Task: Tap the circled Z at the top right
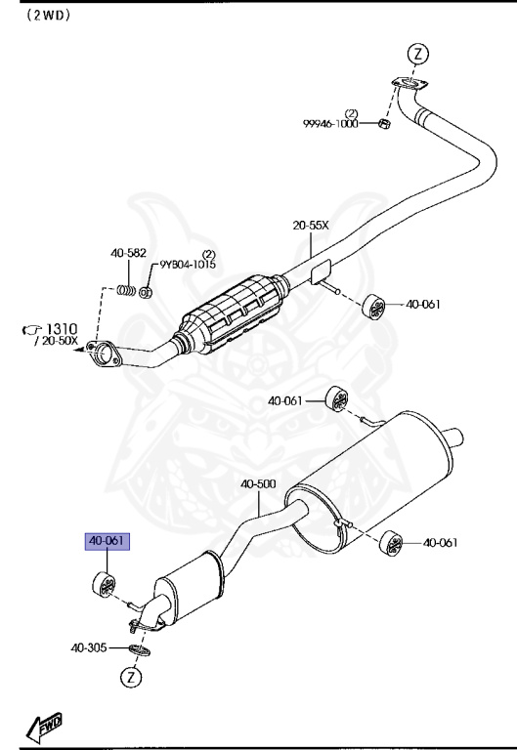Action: [416, 55]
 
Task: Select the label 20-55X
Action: [310, 226]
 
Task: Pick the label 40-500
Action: [258, 483]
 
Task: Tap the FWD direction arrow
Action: [44, 725]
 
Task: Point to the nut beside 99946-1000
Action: [384, 126]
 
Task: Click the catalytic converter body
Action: [234, 316]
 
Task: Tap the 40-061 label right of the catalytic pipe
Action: [424, 304]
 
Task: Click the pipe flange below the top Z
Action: [407, 89]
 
